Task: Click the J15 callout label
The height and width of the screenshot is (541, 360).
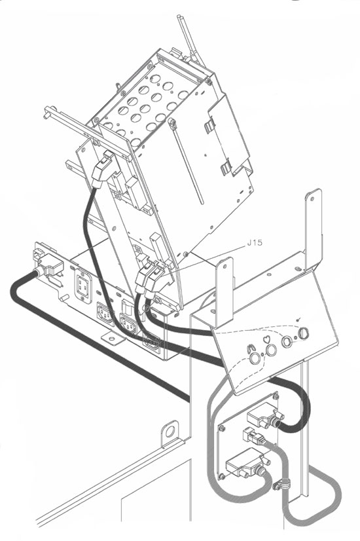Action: point(255,242)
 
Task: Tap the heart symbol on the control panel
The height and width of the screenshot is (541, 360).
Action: point(267,339)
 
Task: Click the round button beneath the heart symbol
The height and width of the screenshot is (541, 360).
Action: point(271,350)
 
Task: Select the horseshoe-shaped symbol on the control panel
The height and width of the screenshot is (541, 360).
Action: point(249,348)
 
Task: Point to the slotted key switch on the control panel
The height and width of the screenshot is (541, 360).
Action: point(303,333)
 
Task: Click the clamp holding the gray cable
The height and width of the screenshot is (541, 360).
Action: point(281,485)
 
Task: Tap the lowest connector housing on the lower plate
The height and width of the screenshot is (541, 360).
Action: point(245,464)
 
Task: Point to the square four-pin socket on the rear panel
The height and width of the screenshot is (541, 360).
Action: point(83,286)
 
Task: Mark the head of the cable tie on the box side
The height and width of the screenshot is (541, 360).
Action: point(171,122)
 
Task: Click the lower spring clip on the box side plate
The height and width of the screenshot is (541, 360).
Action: point(226,167)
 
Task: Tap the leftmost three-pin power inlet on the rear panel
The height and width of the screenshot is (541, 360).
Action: point(105,313)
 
